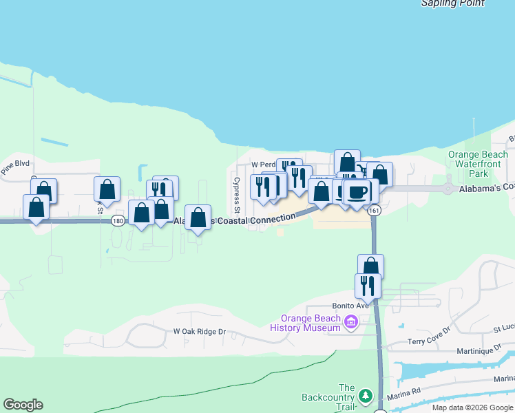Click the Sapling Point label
pyautogui.click(x=452, y=3)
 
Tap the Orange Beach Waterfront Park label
pyautogui.click(x=478, y=164)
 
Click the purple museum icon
pyautogui.click(x=351, y=322)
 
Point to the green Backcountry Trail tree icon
pyautogui.click(x=366, y=395)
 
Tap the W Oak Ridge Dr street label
pyautogui.click(x=199, y=331)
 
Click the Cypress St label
pyautogui.click(x=236, y=194)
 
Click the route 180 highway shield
pyautogui.click(x=117, y=220)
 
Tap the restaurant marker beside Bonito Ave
pyautogui.click(x=368, y=284)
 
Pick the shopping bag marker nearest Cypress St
pyautogui.click(x=198, y=218)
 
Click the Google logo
pyautogui.click(x=23, y=405)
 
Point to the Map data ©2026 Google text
pyautogui.click(x=472, y=407)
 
